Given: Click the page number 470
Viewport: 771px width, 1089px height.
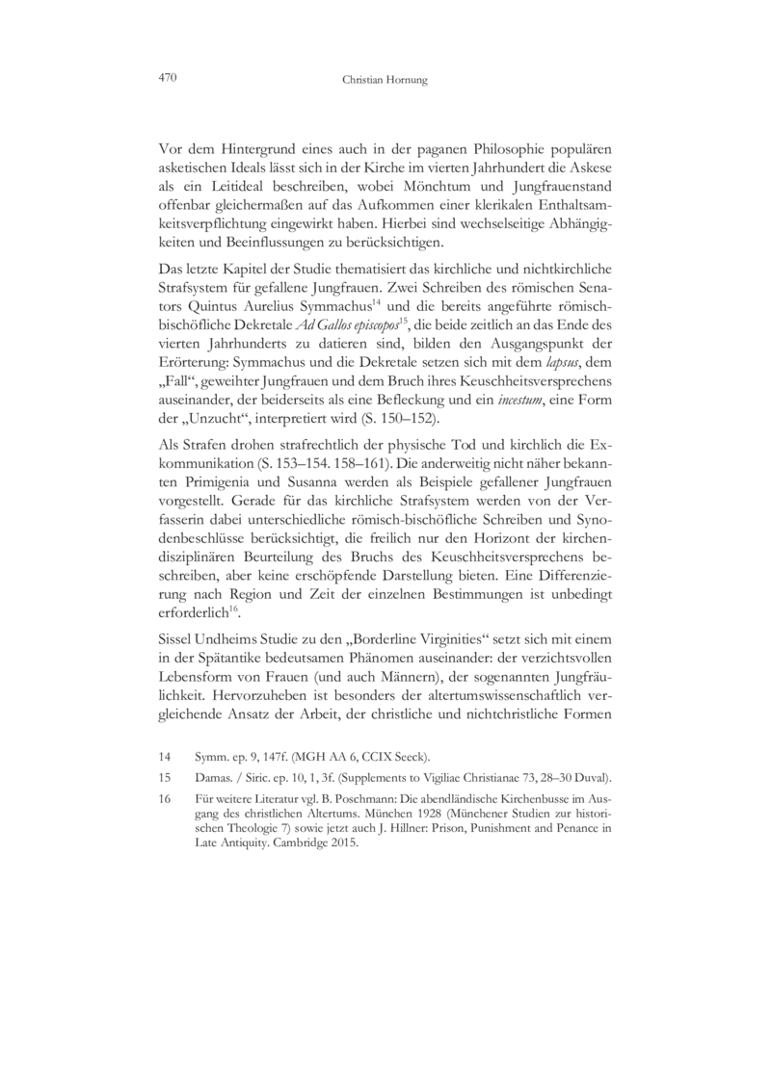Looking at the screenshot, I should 170,78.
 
